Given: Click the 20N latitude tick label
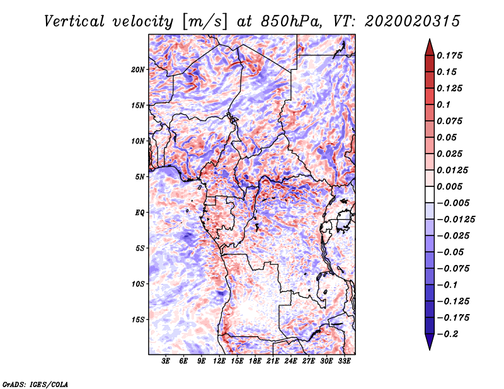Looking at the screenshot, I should [x=138, y=69].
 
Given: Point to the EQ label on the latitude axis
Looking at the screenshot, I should [x=140, y=213].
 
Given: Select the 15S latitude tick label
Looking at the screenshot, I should [x=138, y=320].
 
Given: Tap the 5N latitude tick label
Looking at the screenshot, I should [x=140, y=177].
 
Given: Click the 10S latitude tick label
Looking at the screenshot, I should [x=138, y=284].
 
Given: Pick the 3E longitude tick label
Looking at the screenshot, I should [x=166, y=362].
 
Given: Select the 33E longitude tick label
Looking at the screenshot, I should [x=345, y=362].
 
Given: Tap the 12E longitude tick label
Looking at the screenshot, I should [x=220, y=362].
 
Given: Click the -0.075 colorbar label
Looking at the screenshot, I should [x=453, y=268].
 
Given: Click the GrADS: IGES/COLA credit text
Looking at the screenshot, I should [x=35, y=383].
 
